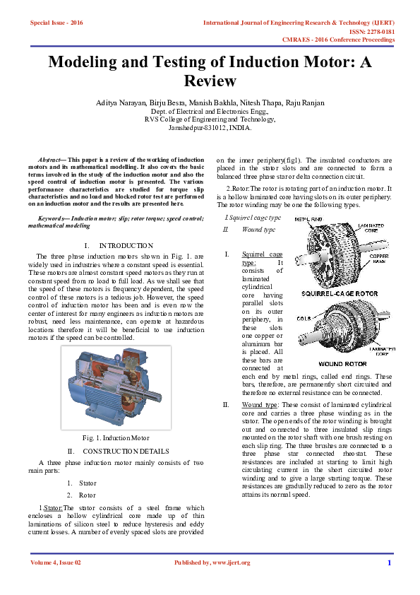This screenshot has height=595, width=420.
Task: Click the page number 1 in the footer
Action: pyautogui.click(x=389, y=562)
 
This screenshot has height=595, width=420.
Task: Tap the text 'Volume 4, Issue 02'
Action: pyautogui.click(x=56, y=562)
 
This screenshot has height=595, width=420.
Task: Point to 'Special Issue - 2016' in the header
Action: pyautogui.click(x=56, y=23)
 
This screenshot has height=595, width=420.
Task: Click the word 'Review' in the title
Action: pyautogui.click(x=210, y=82)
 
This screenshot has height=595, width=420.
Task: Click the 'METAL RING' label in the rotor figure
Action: pyautogui.click(x=308, y=220)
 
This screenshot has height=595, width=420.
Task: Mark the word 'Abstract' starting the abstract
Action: pyautogui.click(x=50, y=161)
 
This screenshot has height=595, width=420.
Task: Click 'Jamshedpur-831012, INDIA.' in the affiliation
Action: pyautogui.click(x=210, y=128)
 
